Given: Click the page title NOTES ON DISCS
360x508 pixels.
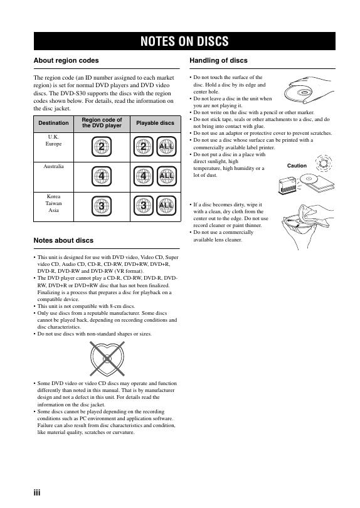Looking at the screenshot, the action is coord(184,41).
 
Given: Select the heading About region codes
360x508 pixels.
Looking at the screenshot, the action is coord(66,61).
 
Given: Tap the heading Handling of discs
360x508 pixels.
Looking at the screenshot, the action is coord(218,61).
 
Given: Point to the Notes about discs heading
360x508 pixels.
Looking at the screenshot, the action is coord(63,240).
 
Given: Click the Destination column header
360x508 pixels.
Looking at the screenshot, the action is coord(53,123).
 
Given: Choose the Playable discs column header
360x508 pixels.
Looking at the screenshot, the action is coord(155,123).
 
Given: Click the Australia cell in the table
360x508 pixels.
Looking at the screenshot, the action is coord(53,167).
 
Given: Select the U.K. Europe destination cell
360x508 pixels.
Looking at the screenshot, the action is coord(53,140).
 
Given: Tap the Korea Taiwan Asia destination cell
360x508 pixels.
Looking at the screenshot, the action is coord(53,203).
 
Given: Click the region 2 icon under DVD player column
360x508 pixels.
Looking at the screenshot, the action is coord(102,147).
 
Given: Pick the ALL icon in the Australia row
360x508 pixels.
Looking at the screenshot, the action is coord(167,176).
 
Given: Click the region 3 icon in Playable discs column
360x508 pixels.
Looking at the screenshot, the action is coord(143,206).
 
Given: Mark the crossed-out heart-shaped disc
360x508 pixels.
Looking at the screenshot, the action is coord(107,358).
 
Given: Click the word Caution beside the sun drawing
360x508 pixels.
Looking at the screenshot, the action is coord(297,166).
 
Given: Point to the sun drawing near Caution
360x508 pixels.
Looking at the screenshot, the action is coord(324,163).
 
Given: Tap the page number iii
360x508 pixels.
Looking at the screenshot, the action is coord(37,493).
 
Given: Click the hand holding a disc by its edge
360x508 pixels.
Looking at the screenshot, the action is coord(309,90).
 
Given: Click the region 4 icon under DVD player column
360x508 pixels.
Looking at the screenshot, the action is coord(102,176).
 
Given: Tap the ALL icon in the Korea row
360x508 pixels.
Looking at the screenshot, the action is coord(166,206).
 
